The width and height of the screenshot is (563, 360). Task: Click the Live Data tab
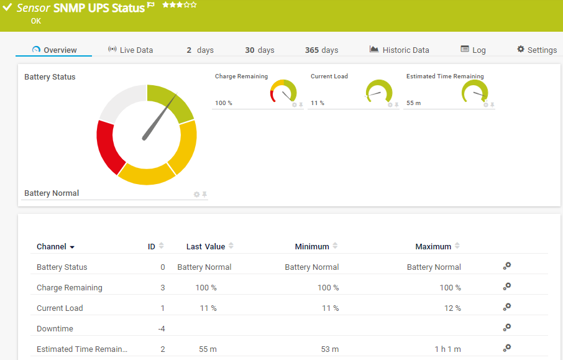click(130, 50)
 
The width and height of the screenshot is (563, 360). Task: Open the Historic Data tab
click(399, 50)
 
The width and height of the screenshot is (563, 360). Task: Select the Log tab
click(474, 50)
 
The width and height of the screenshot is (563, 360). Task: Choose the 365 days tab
click(321, 50)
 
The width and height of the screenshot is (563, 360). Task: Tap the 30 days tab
click(259, 50)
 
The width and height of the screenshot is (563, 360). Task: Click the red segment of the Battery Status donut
click(110, 146)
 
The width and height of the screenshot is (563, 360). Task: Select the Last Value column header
click(206, 246)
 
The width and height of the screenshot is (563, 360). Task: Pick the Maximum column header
click(433, 246)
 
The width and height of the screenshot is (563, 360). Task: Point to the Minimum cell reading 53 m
click(329, 349)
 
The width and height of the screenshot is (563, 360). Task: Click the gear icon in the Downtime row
click(507, 328)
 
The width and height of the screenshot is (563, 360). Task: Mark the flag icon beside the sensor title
click(151, 6)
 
